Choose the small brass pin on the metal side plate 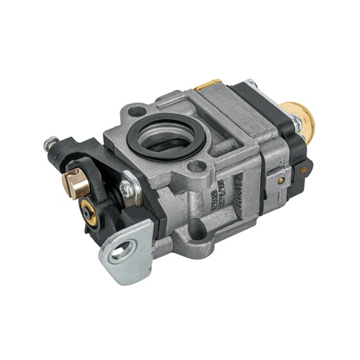281,180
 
